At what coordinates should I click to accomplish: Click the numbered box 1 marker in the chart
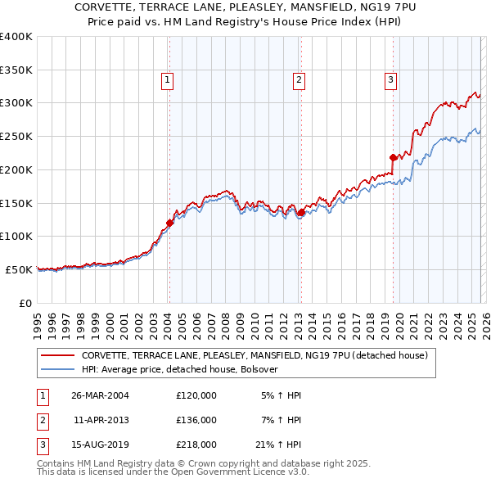[x=167, y=80]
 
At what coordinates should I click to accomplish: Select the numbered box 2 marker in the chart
[x=300, y=80]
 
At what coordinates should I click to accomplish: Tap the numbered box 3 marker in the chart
[x=391, y=80]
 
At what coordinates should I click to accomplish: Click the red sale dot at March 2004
[x=169, y=222]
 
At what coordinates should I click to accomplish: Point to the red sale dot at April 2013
[x=300, y=213]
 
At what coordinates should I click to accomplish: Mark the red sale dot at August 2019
[x=393, y=157]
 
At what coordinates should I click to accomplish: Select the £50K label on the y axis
[x=19, y=269]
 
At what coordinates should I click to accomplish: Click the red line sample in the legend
[x=58, y=356]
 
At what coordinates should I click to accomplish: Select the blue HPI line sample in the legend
[x=58, y=370]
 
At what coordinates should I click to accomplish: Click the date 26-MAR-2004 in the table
[x=100, y=395]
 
